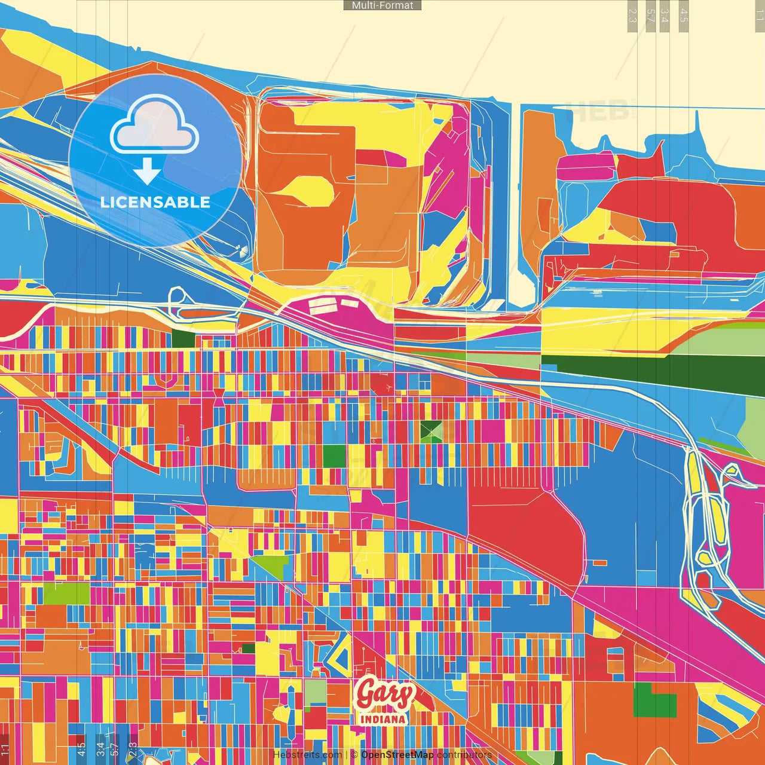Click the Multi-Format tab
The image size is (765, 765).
pyautogui.click(x=382, y=5)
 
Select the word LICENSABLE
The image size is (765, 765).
pyautogui.click(x=155, y=202)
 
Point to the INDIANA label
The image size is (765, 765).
pyautogui.click(x=383, y=719)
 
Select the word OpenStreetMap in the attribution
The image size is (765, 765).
pyautogui.click(x=397, y=755)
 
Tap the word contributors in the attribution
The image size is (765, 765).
pyautogui.click(x=464, y=755)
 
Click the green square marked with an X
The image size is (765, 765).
pyautogui.click(x=431, y=431)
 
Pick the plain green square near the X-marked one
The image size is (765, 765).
pyautogui.click(x=334, y=456)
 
